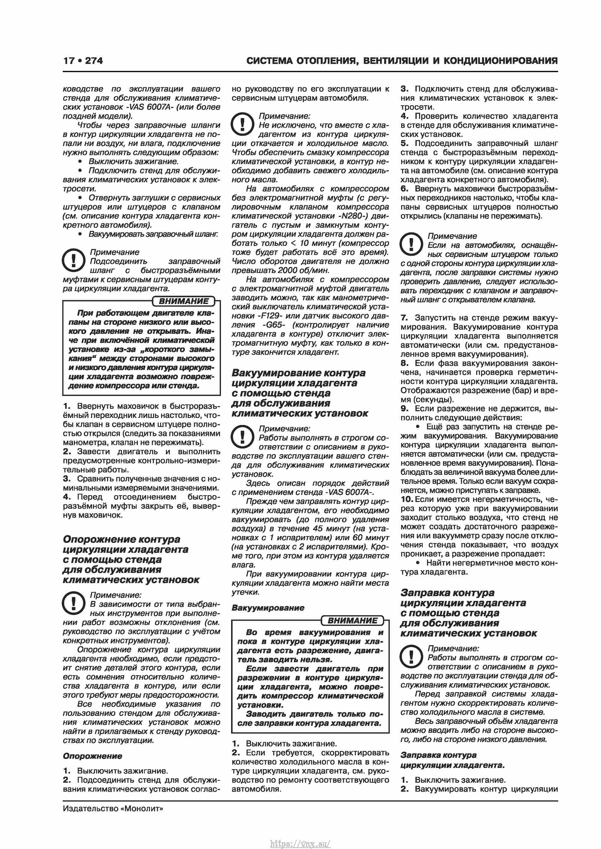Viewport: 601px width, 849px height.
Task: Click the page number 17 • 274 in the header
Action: coord(83,61)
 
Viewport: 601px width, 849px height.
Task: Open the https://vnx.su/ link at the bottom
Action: coord(300,833)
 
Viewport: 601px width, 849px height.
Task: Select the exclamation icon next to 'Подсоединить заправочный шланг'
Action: coord(73,260)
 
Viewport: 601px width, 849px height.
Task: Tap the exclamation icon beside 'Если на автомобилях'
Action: coord(411,244)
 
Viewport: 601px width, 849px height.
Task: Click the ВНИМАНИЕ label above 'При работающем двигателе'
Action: coord(184,301)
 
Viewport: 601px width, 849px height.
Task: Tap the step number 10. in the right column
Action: coord(406,499)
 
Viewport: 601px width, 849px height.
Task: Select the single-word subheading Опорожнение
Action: coord(92,756)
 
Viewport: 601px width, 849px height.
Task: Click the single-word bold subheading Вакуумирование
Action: coord(268,608)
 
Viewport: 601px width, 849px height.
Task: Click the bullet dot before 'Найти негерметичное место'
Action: coord(418,563)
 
